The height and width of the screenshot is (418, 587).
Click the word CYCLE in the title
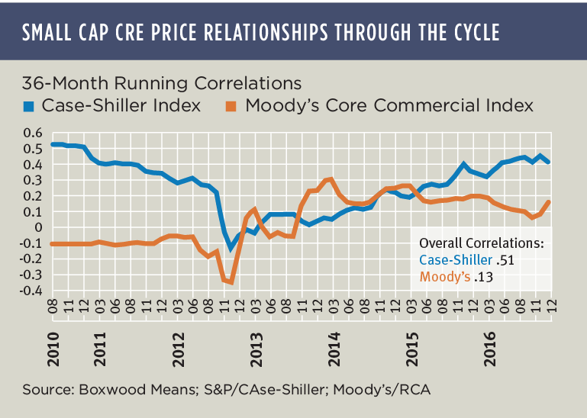tap(474, 33)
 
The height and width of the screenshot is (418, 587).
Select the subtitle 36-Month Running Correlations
tap(162, 82)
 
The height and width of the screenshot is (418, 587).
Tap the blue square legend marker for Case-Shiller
tap(28, 105)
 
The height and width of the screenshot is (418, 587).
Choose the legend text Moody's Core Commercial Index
tap(389, 105)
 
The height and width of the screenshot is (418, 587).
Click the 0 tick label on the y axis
tap(35, 227)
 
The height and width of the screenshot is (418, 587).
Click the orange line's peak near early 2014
tap(330, 179)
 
